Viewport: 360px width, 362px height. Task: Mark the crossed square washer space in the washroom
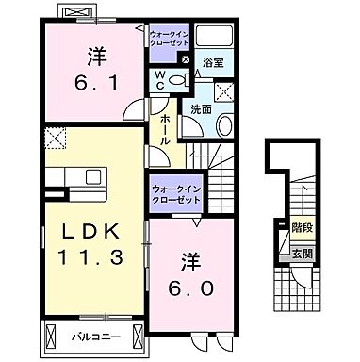[224, 91]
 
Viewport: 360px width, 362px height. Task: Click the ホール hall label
[165, 128]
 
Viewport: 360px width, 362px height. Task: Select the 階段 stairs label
[297, 227]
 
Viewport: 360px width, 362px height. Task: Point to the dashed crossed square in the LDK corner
[53, 140]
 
